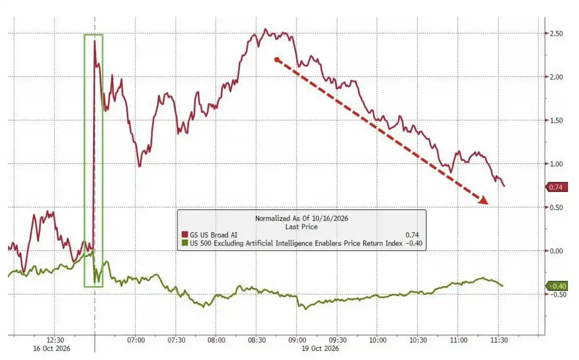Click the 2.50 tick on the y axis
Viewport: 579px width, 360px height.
(556, 33)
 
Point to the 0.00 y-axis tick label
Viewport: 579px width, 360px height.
(556, 251)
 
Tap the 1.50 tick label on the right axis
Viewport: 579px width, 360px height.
(556, 121)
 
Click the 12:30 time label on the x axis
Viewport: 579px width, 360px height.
(55, 340)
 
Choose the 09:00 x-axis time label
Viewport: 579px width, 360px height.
(297, 340)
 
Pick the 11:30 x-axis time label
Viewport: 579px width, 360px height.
(499, 340)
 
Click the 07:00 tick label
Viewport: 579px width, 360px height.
(136, 340)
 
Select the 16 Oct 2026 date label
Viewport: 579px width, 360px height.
(51, 348)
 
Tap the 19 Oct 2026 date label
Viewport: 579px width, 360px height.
(320, 348)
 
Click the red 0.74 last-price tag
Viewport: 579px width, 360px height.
(557, 187)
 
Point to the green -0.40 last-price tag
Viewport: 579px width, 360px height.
(557, 286)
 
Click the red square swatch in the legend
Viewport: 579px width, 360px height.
(185, 234)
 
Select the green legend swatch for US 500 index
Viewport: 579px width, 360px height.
(185, 243)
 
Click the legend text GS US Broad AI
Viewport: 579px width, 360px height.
(214, 235)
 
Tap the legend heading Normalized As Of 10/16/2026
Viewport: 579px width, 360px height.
(302, 218)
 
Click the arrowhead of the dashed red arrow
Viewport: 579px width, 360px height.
(483, 200)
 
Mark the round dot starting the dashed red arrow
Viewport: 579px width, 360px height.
(277, 60)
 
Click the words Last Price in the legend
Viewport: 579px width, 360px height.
(301, 227)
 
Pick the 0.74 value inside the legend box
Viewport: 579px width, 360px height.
(412, 235)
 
